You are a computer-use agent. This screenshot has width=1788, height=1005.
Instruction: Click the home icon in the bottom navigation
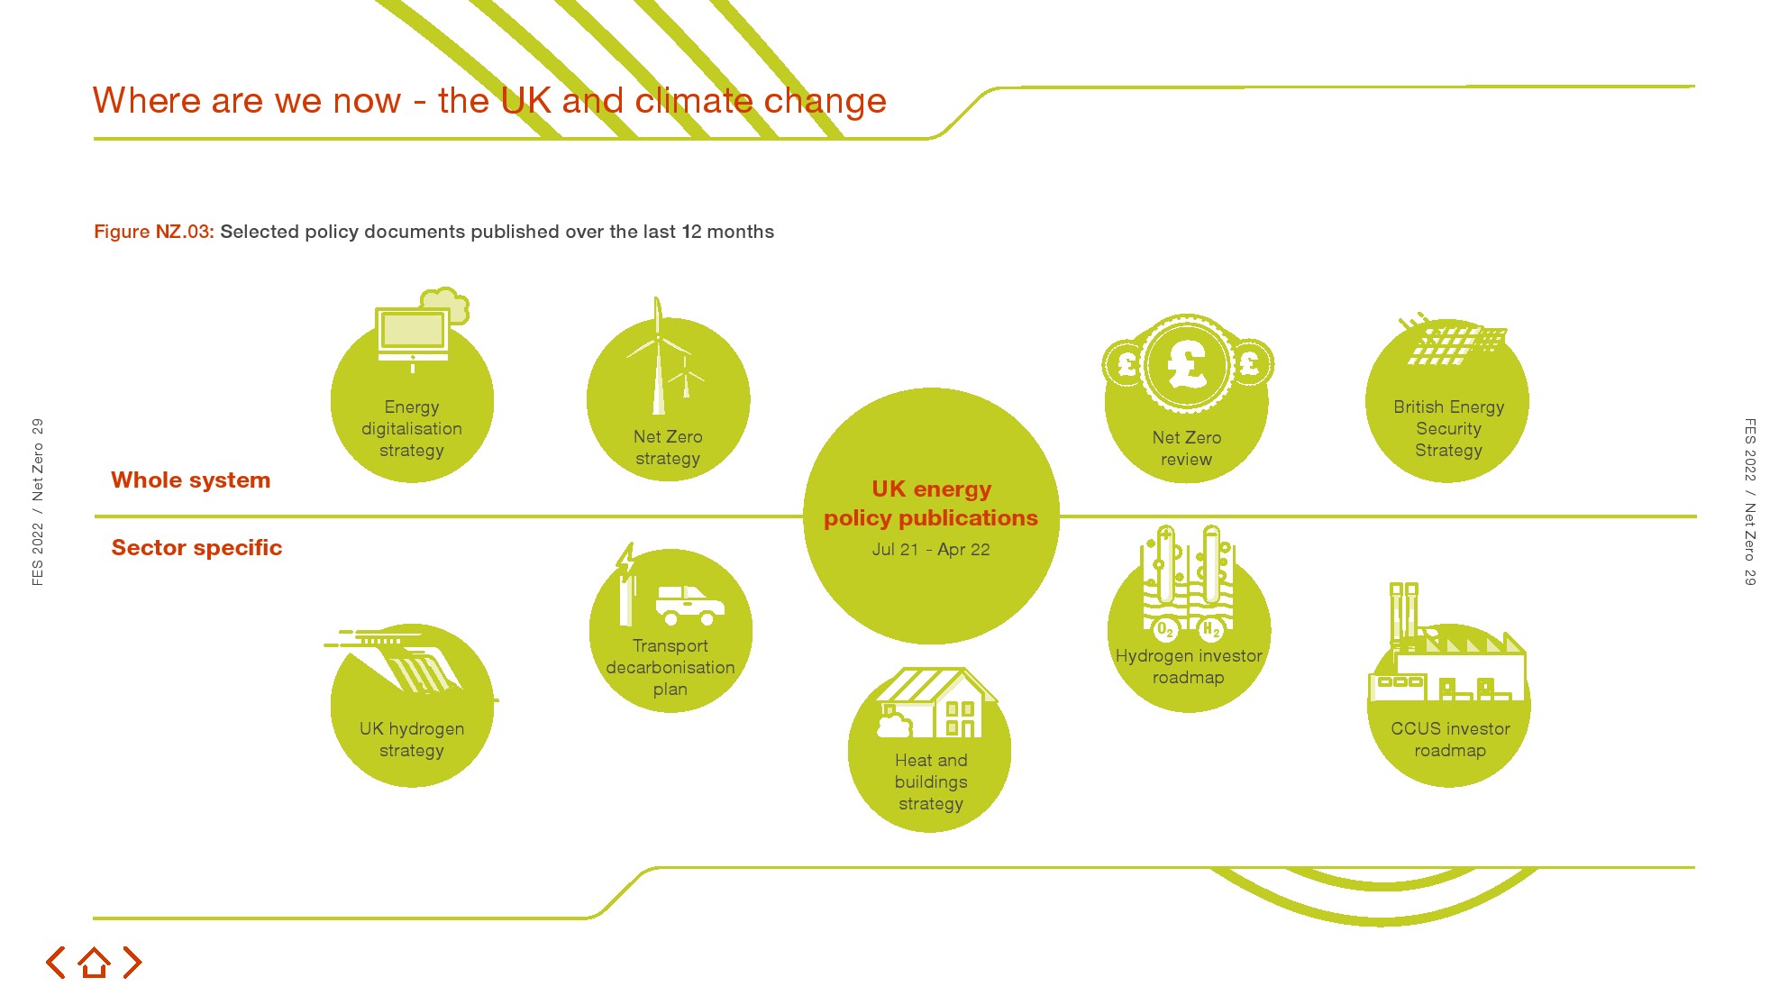pyautogui.click(x=94, y=963)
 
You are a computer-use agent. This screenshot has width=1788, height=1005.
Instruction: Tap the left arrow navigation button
pyautogui.click(x=56, y=963)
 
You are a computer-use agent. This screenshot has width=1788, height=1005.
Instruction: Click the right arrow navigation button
pyautogui.click(x=132, y=963)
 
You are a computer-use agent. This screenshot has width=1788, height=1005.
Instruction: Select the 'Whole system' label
pyautogui.click(x=190, y=480)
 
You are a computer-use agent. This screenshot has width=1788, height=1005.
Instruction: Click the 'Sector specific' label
pyautogui.click(x=196, y=548)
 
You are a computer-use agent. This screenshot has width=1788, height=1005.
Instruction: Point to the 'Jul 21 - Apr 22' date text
pyautogui.click(x=931, y=550)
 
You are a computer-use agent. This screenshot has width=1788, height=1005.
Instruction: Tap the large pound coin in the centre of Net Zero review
pyautogui.click(x=1187, y=365)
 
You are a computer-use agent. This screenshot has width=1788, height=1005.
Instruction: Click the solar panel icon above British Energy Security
pyautogui.click(x=1455, y=343)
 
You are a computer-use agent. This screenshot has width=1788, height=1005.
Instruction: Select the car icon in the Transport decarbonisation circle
pyautogui.click(x=689, y=605)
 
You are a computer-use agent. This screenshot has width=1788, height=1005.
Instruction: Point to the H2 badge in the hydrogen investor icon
pyautogui.click(x=1211, y=628)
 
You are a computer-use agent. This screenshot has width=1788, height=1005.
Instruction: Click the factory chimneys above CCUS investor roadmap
pyautogui.click(x=1404, y=613)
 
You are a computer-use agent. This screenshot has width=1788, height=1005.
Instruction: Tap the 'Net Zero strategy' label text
pyautogui.click(x=668, y=448)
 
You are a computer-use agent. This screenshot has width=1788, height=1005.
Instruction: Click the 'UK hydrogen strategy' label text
pyautogui.click(x=412, y=740)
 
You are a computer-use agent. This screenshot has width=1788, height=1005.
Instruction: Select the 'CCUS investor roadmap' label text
pyautogui.click(x=1450, y=740)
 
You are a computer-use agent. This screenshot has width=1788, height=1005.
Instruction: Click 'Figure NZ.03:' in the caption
pyautogui.click(x=154, y=232)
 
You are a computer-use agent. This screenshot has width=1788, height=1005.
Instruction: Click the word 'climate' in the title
pyautogui.click(x=694, y=101)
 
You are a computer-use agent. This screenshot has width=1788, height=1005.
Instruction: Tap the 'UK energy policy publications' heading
pyautogui.click(x=931, y=504)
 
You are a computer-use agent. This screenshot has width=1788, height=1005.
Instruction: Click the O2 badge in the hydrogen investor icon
pyautogui.click(x=1165, y=628)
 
